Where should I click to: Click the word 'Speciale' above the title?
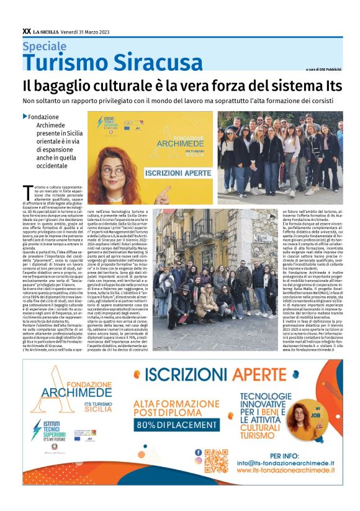click(44, 46)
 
